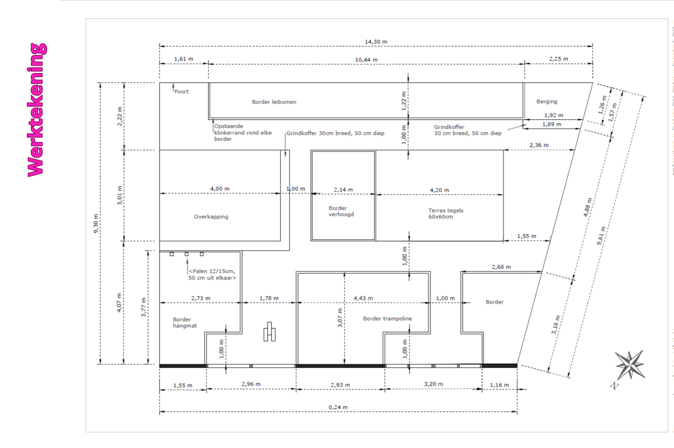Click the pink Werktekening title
pos(37,110)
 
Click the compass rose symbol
pos(630,366)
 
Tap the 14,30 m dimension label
pos(376,42)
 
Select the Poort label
pos(181,91)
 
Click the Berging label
pos(547,102)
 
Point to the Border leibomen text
pos(274,102)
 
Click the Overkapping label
pos(211,217)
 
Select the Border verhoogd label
pos(341,211)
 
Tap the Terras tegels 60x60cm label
pos(446,214)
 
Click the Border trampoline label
pos(387,319)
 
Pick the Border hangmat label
pos(185,323)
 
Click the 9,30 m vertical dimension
pos(96,223)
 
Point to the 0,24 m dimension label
pos(338,407)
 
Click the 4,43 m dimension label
pos(363,298)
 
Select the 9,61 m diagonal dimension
pos(601,236)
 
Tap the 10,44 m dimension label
pos(366,60)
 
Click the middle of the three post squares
pos(187,254)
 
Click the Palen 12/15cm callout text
pos(212,274)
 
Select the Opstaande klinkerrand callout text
pos(243,133)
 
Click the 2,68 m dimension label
pos(501,267)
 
